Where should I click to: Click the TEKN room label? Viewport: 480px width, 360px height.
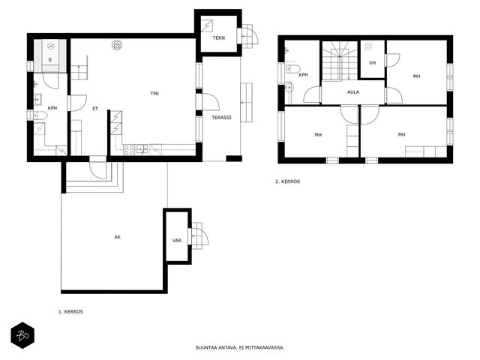click(219, 38)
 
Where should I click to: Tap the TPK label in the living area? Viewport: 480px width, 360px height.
click(154, 94)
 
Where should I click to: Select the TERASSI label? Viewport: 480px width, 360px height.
click(222, 118)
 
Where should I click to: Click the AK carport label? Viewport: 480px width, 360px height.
click(118, 237)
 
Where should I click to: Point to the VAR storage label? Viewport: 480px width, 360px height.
click(177, 241)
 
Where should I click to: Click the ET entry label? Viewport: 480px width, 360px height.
click(95, 109)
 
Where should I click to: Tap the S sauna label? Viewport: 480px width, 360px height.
click(50, 60)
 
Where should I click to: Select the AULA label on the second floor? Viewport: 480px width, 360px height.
click(353, 92)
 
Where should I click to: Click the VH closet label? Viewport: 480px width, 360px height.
click(372, 63)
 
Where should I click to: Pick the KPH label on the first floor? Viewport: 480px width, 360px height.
click(52, 108)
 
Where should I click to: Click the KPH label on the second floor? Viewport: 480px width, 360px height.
click(303, 75)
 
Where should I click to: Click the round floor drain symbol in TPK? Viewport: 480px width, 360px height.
click(117, 45)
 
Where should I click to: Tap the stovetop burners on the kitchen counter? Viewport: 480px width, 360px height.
click(129, 150)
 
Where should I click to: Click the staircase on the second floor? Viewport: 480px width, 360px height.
click(340, 61)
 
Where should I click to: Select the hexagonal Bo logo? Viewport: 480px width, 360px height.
click(22, 335)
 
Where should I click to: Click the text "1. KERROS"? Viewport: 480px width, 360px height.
click(70, 312)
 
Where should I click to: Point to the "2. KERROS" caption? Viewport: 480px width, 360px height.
click(288, 181)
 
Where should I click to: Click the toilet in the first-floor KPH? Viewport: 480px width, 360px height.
click(40, 115)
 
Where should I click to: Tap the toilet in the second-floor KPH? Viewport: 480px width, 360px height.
click(293, 69)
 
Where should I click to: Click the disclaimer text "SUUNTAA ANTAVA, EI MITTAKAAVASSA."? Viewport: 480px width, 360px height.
click(240, 348)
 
